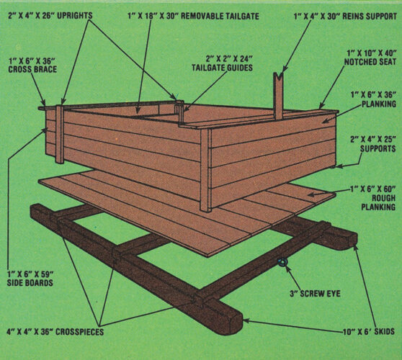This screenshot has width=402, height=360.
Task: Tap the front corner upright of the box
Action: click(x=205, y=169)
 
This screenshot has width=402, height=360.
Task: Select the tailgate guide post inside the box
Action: click(x=179, y=107)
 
